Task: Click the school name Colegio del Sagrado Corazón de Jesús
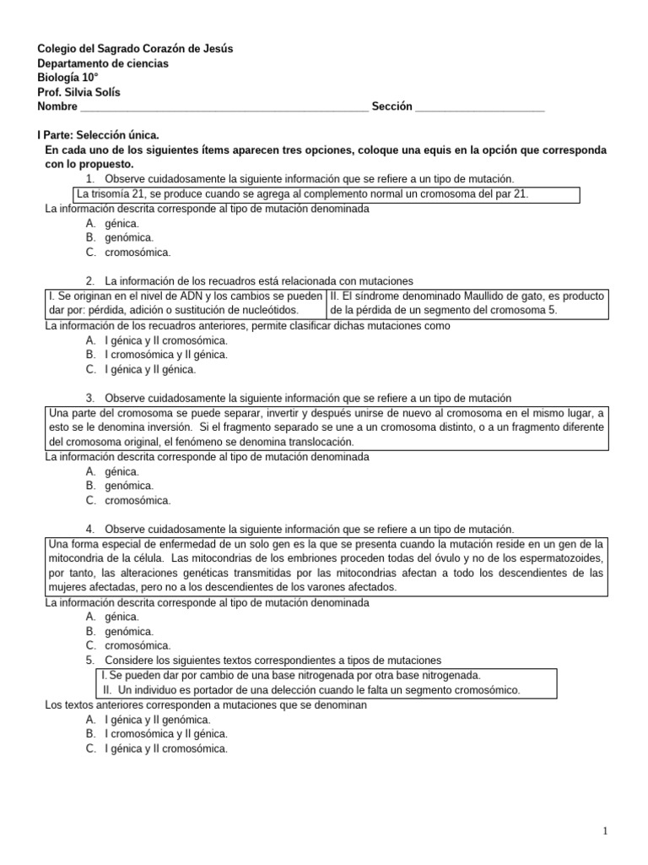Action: click(x=135, y=49)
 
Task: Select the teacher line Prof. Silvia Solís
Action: click(x=84, y=92)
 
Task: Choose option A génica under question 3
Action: click(x=122, y=471)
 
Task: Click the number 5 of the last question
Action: click(x=89, y=660)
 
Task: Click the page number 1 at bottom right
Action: click(x=607, y=832)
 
